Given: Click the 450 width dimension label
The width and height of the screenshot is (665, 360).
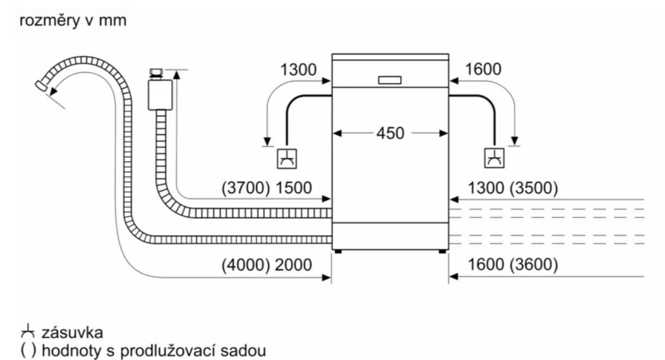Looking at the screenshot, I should pyautogui.click(x=390, y=133).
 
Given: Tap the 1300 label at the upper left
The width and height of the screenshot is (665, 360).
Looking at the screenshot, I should pyautogui.click(x=298, y=70).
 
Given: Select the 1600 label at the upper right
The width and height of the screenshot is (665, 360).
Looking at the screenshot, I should pyautogui.click(x=483, y=70).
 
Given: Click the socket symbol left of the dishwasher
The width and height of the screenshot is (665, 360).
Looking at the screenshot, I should pyautogui.click(x=287, y=158).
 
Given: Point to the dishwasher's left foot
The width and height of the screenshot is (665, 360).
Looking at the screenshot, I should pyautogui.click(x=338, y=251).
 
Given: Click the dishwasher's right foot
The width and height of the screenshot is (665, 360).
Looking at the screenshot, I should pyautogui.click(x=441, y=251).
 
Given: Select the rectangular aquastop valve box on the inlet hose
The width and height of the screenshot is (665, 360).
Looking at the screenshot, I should pyautogui.click(x=160, y=92).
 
